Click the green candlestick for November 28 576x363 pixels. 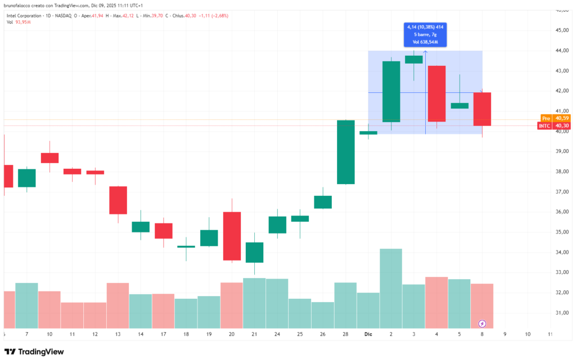pos(345,152)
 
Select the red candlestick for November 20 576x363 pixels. pos(232,236)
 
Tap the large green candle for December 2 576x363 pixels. pos(391,91)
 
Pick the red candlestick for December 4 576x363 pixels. pos(436,93)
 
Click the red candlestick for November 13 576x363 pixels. pos(118,200)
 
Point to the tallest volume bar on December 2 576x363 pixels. pos(391,288)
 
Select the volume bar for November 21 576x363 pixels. pos(254,303)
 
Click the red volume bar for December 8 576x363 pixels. pos(482,306)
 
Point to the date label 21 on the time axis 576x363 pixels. pos(254,334)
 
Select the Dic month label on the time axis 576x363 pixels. pos(368,334)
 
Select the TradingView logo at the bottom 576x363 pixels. pos(34,352)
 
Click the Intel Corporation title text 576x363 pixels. pos(23,15)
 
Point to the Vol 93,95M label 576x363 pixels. pos(18,22)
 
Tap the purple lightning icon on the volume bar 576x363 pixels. pos(482,324)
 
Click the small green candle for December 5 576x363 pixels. pos(460,105)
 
